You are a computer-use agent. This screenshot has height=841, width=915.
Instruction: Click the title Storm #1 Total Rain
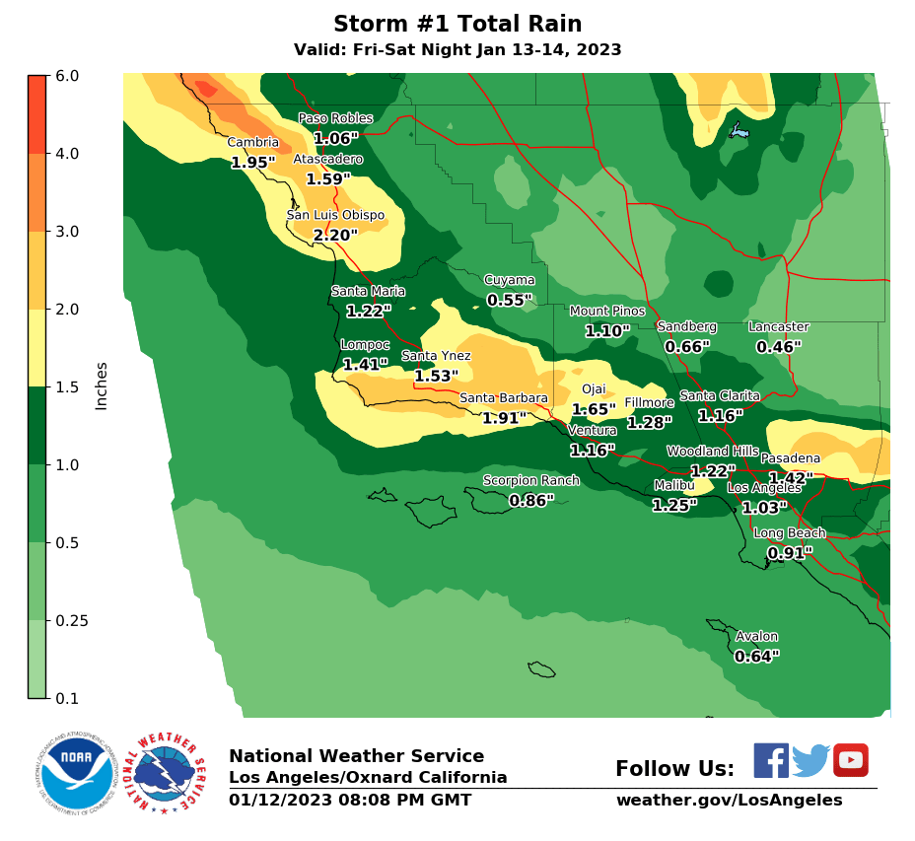(457, 25)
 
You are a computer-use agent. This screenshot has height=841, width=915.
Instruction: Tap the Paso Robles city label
(336, 118)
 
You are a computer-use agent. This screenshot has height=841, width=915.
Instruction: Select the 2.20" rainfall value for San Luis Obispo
(335, 236)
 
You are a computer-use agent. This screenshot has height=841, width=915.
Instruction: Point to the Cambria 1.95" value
(253, 163)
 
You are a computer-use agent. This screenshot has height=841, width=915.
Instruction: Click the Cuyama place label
(509, 280)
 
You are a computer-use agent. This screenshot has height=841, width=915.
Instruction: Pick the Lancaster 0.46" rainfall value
(779, 347)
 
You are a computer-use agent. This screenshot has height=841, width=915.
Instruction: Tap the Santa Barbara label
(503, 398)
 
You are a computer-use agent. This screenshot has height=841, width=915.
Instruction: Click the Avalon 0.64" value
(757, 657)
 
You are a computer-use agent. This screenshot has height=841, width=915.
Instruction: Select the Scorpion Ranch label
(530, 481)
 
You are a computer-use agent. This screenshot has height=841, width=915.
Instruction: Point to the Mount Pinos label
(607, 312)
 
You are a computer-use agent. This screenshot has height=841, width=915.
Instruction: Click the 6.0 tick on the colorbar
(68, 76)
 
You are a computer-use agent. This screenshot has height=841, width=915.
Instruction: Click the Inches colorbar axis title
(102, 385)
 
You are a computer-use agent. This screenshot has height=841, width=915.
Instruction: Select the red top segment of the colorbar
(36, 114)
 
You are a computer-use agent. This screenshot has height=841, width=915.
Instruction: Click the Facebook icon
(771, 760)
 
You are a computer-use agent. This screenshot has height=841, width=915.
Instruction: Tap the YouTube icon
(850, 760)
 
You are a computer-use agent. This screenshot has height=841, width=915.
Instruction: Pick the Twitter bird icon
(810, 760)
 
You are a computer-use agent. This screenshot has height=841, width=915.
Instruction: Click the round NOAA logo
(77, 772)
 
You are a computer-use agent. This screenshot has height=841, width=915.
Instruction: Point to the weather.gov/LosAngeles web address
(729, 801)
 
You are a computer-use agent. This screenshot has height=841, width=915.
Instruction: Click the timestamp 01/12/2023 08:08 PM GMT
(350, 801)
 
